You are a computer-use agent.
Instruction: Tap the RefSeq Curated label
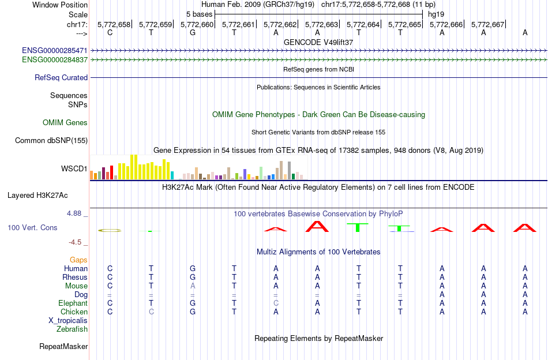click(x=61, y=77)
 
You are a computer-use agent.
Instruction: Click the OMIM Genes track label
click(x=65, y=122)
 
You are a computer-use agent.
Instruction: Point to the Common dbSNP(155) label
click(x=51, y=140)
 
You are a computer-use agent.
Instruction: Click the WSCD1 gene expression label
click(x=74, y=169)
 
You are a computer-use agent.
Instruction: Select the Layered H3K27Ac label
click(x=47, y=195)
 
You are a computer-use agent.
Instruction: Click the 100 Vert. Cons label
click(x=32, y=228)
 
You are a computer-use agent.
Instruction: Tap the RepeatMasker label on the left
click(x=63, y=347)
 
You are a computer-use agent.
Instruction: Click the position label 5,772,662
click(x=280, y=24)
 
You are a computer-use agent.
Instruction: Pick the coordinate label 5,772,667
click(x=487, y=24)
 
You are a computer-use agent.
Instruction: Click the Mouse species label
click(x=77, y=286)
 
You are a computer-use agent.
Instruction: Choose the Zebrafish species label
click(x=72, y=329)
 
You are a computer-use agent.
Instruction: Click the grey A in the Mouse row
click(x=193, y=286)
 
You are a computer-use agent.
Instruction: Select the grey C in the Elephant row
click(x=276, y=303)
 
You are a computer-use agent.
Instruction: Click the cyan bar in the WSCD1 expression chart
click(x=172, y=175)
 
